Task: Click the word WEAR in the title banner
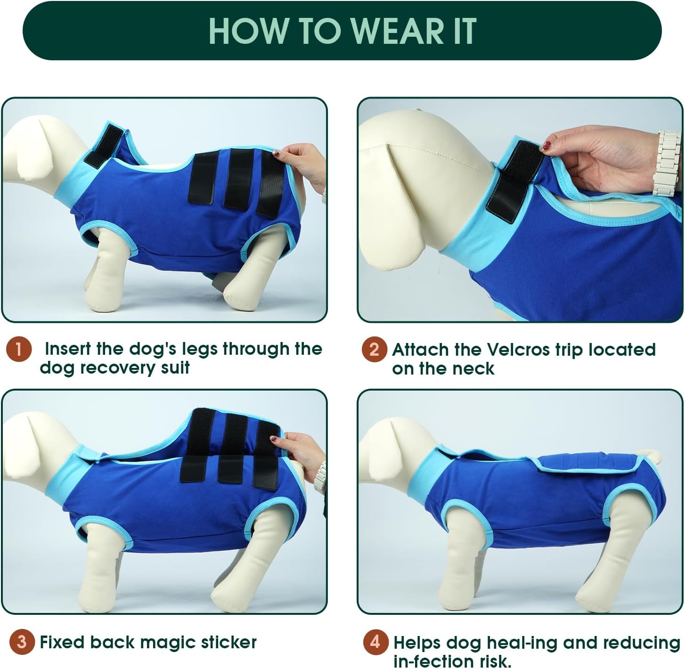398,31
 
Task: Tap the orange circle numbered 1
19,349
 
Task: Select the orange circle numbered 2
375,349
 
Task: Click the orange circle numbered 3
22,642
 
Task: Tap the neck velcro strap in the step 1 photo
104,145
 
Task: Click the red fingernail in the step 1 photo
277,153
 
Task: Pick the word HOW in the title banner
246,31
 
